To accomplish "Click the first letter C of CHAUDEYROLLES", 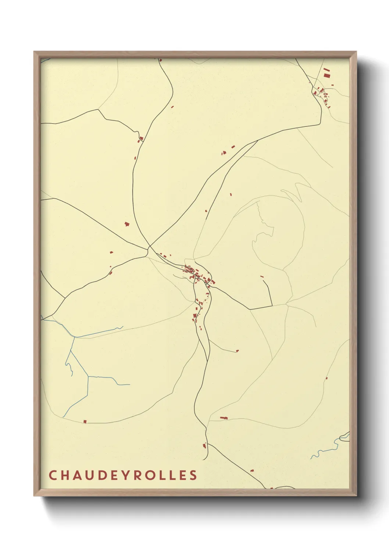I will [x=52, y=475].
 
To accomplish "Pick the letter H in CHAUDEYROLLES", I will [x=64, y=475].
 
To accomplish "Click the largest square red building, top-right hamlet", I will [x=326, y=75].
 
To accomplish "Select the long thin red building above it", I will [x=326, y=69].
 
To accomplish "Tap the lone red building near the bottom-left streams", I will [x=85, y=422].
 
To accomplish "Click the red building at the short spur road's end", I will [x=237, y=351].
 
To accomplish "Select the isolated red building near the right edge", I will [x=326, y=378].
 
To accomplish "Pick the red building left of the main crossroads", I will [x=127, y=224].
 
